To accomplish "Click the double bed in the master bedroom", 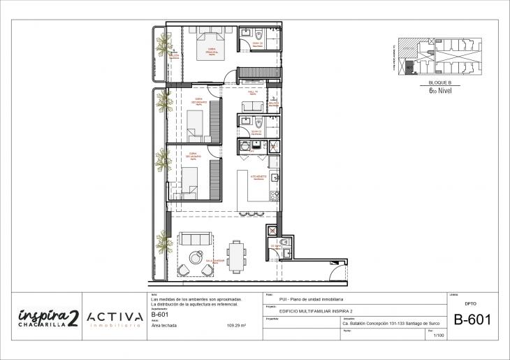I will pyautogui.click(x=210, y=44).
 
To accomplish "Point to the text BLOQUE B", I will pyautogui.click(x=439, y=82).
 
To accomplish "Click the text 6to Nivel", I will pyautogui.click(x=439, y=89).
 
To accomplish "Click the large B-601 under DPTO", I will pyautogui.click(x=472, y=320).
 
